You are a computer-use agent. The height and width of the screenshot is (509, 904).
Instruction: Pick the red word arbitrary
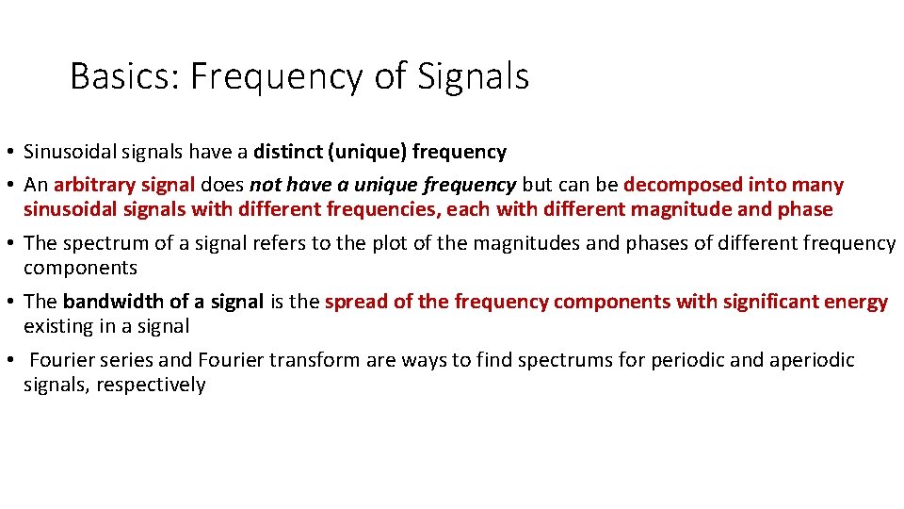click(91, 185)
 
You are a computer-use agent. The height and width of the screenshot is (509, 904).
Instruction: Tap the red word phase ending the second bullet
click(805, 209)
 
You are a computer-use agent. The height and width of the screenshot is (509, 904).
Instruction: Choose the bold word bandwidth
click(105, 302)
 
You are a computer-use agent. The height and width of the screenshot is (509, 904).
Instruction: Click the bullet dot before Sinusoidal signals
click(7, 153)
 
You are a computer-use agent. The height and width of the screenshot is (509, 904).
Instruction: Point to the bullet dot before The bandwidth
click(7, 303)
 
